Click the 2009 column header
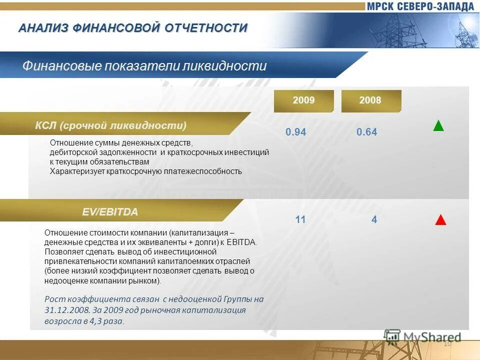tap(303, 100)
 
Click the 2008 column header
tap(370, 100)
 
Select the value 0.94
tap(295, 132)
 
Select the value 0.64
tap(366, 132)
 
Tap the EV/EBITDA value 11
tap(300, 219)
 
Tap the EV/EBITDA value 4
tap(374, 219)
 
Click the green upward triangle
tap(438, 125)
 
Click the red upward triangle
tap(440, 220)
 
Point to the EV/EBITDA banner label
tap(110, 212)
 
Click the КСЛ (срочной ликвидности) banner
tap(110, 125)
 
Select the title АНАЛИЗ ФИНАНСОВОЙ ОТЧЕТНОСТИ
tap(133, 28)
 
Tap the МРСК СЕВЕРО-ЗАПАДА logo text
tap(419, 6)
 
